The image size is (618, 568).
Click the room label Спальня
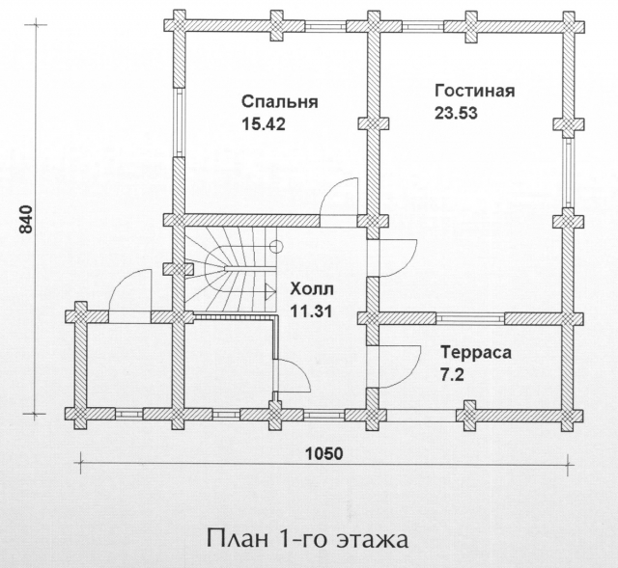point(279,102)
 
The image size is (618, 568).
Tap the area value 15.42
point(263,124)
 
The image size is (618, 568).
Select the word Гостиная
point(474,91)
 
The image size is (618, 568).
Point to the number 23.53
point(456,113)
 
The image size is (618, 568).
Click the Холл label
point(311,289)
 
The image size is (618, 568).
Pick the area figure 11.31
point(311,311)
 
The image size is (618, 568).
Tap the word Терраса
point(476,352)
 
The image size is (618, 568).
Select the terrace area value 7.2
point(452,374)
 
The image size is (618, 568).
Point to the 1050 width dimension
point(324,454)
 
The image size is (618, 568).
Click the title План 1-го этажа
point(307,540)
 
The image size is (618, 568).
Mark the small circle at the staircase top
point(277,246)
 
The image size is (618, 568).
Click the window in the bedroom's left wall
point(179,122)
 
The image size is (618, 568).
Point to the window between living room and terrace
point(470,318)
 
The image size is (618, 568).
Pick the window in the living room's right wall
point(568,173)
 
